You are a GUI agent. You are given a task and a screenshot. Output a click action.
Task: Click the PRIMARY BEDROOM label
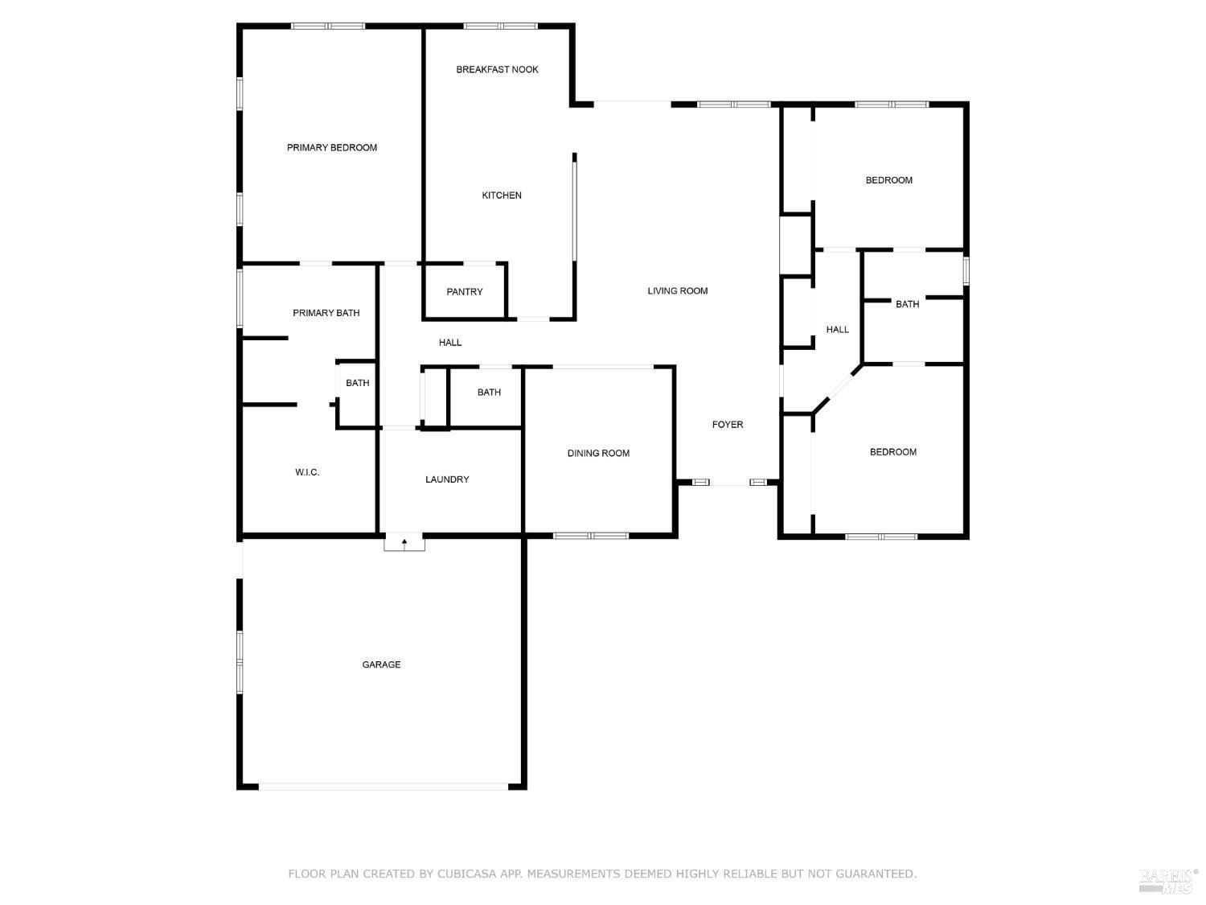tap(331, 147)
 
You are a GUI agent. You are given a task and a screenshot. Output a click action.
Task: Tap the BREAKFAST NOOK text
tap(497, 69)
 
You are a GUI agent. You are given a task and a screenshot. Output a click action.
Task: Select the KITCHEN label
tap(501, 195)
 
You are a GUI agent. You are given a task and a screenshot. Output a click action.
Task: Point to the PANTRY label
tap(464, 292)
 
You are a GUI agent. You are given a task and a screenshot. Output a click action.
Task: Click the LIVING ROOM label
tap(677, 290)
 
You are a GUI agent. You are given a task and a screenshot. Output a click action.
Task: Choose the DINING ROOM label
tap(598, 453)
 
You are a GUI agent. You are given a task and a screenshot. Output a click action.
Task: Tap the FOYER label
tap(728, 424)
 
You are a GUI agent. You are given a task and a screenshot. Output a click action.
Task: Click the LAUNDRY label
tap(447, 479)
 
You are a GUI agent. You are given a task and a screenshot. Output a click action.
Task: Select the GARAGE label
tap(381, 664)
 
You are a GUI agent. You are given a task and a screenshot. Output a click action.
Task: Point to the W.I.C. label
tap(306, 472)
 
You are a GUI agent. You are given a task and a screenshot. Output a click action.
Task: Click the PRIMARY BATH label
tap(326, 313)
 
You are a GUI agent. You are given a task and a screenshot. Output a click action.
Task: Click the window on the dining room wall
tap(591, 536)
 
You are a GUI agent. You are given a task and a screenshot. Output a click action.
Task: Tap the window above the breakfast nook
tap(500, 26)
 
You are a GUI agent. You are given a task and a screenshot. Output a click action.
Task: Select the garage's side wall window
tap(240, 661)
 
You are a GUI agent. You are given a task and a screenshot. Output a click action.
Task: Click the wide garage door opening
tap(383, 787)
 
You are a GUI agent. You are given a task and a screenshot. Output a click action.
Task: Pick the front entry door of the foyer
tap(730, 483)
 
